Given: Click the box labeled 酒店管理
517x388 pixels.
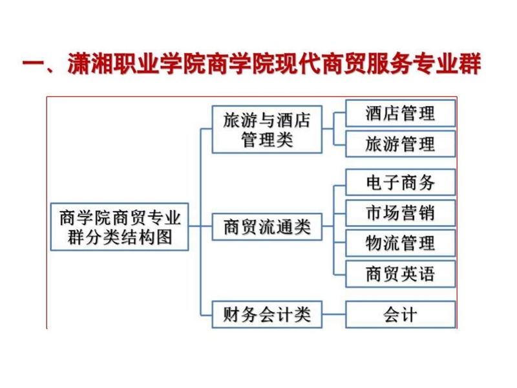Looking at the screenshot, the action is click(400, 114).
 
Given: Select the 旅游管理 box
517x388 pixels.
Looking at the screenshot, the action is click(400, 144).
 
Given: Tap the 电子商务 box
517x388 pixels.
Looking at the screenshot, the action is click(400, 182).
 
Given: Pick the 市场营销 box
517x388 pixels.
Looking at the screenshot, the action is click(400, 213).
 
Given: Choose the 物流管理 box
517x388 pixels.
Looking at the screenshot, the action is click(400, 243).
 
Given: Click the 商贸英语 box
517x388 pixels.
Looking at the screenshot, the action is click(400, 274).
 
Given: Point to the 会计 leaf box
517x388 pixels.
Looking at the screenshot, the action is click(400, 314).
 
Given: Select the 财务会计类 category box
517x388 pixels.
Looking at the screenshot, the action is click(267, 314).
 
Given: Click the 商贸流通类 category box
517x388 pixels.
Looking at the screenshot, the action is click(267, 227).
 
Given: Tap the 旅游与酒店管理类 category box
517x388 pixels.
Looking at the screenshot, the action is click(267, 129).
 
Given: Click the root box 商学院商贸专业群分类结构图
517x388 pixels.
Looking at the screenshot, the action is click(120, 227).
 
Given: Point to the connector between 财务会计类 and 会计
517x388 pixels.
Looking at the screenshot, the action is click(333, 314).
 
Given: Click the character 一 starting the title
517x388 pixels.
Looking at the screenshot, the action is click(34, 63).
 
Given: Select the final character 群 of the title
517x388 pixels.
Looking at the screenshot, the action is click(470, 63).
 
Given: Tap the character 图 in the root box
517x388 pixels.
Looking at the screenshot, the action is click(164, 237).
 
